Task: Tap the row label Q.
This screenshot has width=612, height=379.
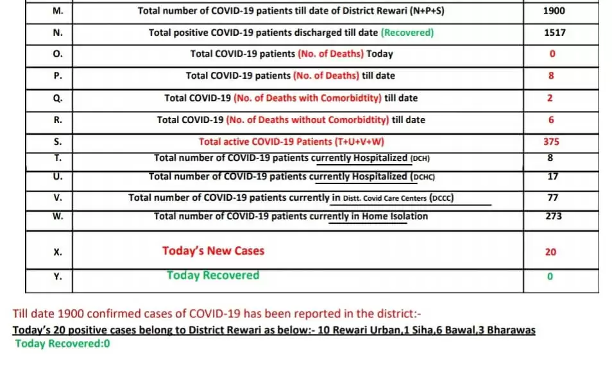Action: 57,98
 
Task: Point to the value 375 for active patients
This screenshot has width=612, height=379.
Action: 551,142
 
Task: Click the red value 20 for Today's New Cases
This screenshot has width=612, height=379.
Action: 551,252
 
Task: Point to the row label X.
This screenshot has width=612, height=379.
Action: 57,251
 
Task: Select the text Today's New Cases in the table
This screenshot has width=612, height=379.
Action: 213,251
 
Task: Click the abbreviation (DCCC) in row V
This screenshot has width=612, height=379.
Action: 441,198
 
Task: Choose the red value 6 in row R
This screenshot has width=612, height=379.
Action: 551,120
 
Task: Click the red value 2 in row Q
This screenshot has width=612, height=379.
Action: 551,98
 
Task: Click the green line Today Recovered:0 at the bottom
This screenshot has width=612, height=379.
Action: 63,343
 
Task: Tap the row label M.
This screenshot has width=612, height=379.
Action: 57,11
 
